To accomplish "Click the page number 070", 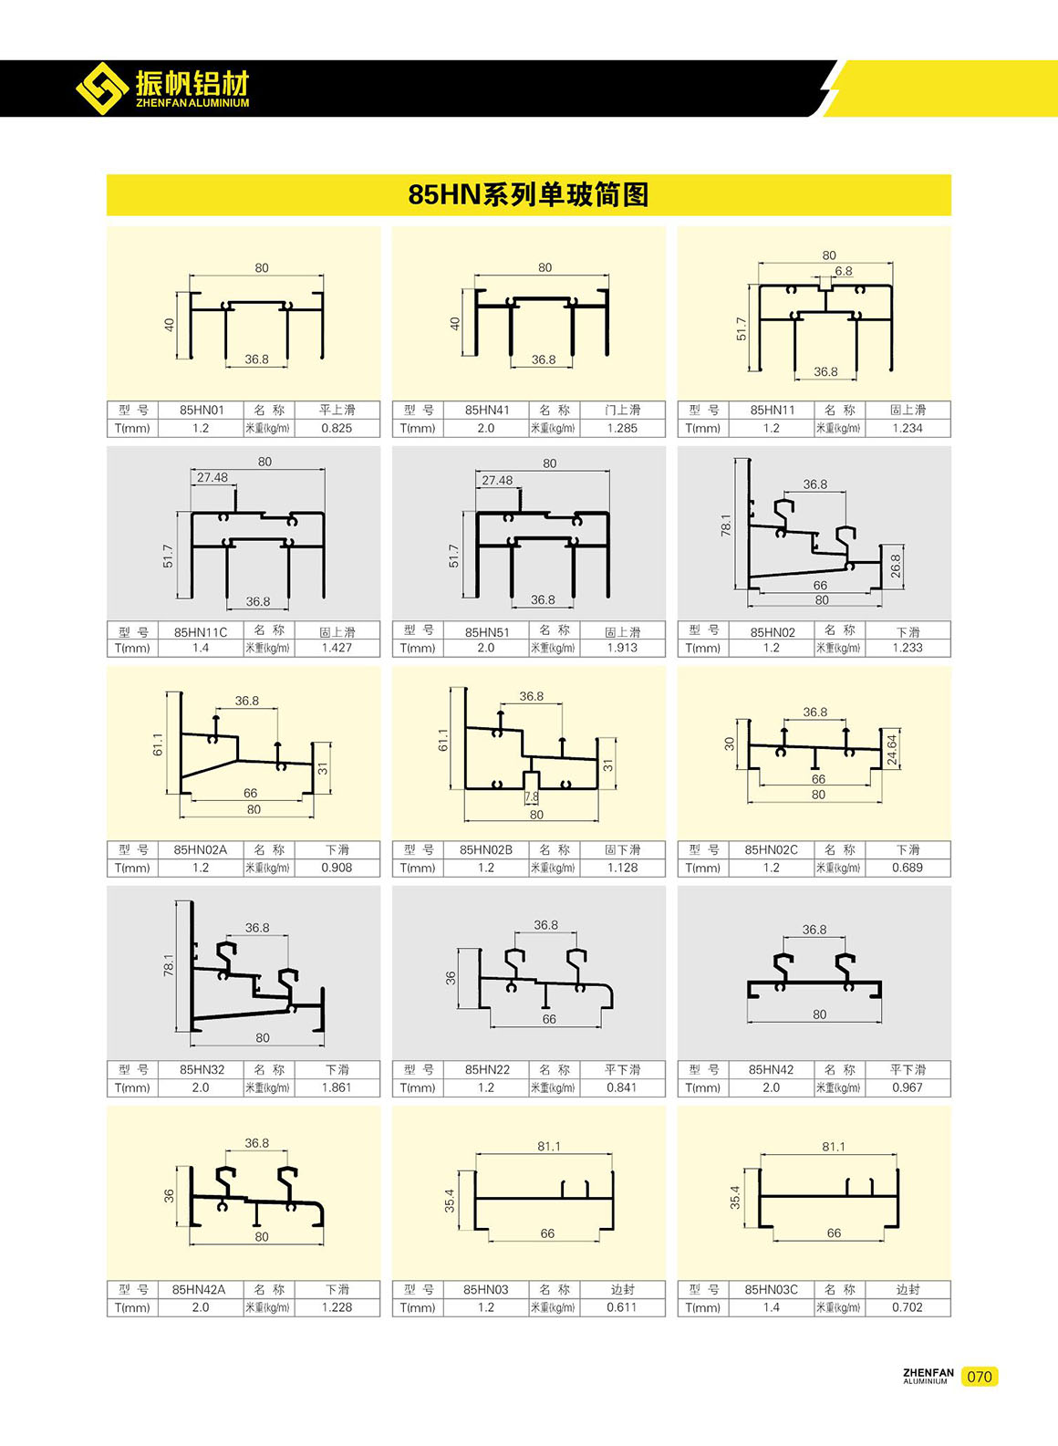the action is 980,1377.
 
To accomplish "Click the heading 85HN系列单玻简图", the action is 528,194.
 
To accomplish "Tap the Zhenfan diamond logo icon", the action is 102,88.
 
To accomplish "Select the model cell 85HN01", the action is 202,410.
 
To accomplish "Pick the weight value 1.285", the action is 622,428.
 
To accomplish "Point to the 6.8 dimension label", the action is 843,271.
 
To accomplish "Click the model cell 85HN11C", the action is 201,632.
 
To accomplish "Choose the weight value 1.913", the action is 622,648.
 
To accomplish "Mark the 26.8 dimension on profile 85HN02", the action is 895,567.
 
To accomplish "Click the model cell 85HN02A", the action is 200,849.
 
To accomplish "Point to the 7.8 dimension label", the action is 531,797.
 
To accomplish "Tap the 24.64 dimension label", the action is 892,750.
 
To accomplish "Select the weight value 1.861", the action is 337,1087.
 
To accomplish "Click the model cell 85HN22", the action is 487,1069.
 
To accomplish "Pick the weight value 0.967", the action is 908,1087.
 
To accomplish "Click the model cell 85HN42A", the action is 199,1290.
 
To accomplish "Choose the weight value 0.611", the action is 622,1307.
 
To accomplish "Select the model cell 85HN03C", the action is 772,1290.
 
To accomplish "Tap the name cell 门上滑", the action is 623,410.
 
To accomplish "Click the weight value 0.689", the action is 908,868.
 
